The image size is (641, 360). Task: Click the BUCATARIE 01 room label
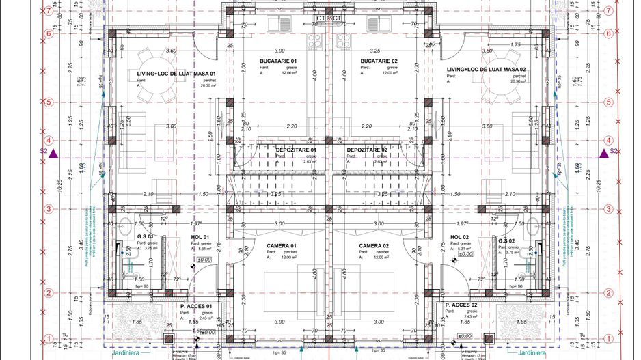pos(278,61)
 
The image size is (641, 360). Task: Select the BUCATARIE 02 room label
pos(379,61)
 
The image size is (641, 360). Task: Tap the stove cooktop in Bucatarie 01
pos(315,41)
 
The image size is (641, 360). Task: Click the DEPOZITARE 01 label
pos(296,150)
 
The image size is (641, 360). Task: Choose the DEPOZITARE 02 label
pos(367,150)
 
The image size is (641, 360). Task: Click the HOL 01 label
pos(200,237)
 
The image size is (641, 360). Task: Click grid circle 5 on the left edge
pos(49,102)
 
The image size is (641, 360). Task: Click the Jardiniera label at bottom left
pos(127,353)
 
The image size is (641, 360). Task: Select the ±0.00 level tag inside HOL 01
pos(204,260)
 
